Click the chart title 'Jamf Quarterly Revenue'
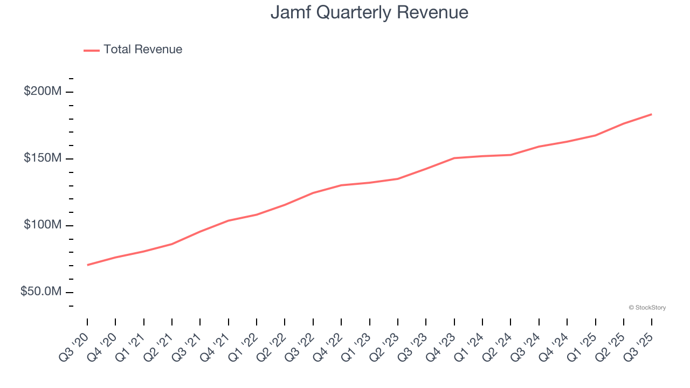(x=369, y=12)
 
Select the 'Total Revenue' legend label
(x=143, y=50)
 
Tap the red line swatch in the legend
(x=92, y=50)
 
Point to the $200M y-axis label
(x=43, y=92)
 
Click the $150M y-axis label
(x=43, y=158)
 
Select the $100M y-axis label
(x=43, y=225)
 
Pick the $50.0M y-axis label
(x=41, y=292)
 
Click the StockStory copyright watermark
(x=647, y=308)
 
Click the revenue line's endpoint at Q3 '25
(x=652, y=114)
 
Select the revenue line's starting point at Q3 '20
(x=87, y=265)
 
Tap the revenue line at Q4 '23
(x=454, y=158)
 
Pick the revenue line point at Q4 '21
(x=229, y=220)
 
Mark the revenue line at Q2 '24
(x=510, y=155)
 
